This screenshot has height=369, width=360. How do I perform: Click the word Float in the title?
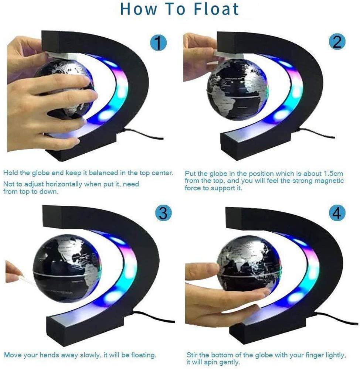click(x=216, y=9)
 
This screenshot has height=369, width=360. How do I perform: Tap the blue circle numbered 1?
click(x=159, y=42)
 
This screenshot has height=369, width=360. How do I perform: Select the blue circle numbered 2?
click(x=337, y=42)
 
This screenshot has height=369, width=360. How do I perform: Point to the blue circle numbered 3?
click(x=163, y=212)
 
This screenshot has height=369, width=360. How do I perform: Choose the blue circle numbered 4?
click(x=337, y=213)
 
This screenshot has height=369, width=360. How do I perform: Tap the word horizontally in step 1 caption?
click(x=64, y=184)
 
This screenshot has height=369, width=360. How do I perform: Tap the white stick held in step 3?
click(x=28, y=280)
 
